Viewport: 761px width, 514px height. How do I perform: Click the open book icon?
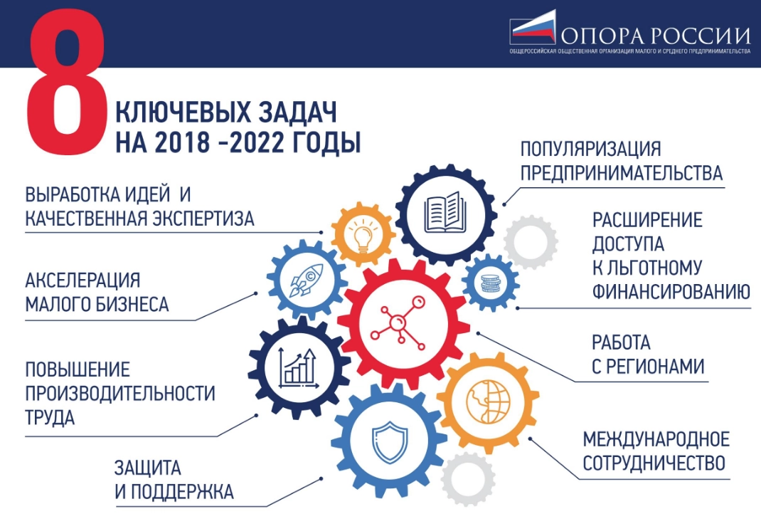click(445, 212)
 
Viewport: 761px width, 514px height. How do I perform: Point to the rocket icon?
click(306, 280)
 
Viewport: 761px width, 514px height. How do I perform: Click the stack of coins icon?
click(490, 283)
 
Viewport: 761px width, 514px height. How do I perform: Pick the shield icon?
click(390, 441)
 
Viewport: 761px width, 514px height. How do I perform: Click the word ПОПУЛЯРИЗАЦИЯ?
click(590, 150)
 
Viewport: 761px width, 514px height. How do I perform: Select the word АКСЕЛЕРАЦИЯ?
click(83, 280)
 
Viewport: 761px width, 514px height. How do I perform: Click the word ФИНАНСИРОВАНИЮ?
click(671, 291)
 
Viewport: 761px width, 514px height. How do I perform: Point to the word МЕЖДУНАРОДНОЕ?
click(656, 439)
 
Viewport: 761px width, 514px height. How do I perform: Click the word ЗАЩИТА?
click(147, 468)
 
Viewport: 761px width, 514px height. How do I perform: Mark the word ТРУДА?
click(50, 417)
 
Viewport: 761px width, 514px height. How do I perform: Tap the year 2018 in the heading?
click(183, 142)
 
